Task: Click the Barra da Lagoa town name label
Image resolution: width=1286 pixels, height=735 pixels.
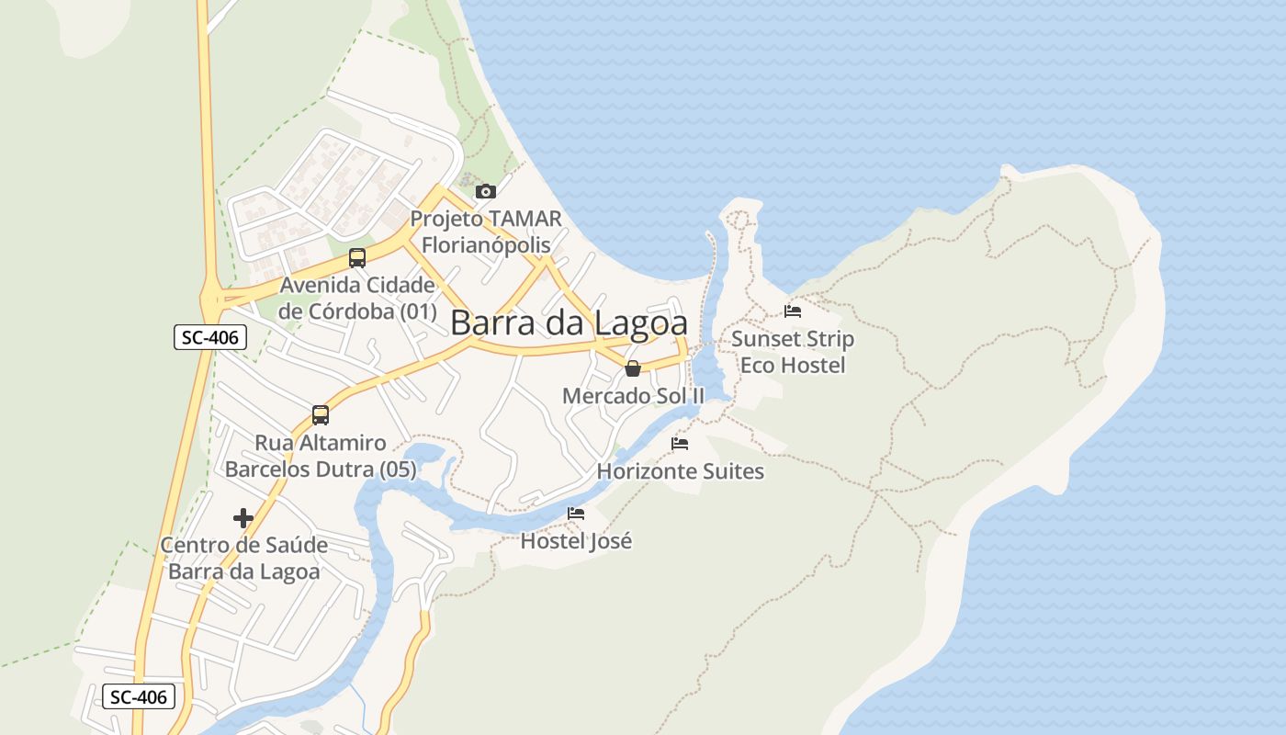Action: click(569, 323)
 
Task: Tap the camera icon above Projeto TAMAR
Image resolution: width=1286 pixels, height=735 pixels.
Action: click(485, 191)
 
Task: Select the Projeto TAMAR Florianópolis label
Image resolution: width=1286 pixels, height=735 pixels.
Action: click(486, 232)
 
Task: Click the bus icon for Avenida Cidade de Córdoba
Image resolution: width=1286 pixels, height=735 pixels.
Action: click(357, 258)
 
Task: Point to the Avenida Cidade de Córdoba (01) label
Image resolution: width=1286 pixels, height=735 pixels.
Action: click(357, 298)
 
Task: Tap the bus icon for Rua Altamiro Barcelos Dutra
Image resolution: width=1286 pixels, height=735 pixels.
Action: click(321, 415)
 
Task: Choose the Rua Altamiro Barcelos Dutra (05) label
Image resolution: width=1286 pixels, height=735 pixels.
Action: click(321, 456)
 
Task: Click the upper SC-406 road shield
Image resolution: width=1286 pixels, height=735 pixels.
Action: click(209, 337)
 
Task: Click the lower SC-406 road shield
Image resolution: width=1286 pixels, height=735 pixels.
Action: click(138, 696)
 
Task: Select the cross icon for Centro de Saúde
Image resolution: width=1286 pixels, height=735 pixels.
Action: click(243, 518)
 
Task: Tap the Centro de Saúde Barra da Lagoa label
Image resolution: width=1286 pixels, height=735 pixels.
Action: click(244, 558)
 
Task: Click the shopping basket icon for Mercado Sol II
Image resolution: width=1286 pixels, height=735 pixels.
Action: click(633, 369)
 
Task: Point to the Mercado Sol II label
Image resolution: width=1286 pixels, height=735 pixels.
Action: click(633, 396)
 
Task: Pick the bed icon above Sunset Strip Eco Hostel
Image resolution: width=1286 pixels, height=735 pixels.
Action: click(793, 311)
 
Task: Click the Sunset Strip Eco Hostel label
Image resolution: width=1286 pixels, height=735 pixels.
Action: click(793, 352)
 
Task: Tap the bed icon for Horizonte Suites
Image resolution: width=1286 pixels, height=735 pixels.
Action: click(680, 444)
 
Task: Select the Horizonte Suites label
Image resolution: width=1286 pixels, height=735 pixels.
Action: click(680, 471)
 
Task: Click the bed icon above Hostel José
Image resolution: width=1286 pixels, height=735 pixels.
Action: click(576, 514)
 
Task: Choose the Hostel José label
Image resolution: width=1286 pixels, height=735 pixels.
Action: click(576, 541)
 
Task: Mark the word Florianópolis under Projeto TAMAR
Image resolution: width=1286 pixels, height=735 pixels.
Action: click(486, 245)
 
